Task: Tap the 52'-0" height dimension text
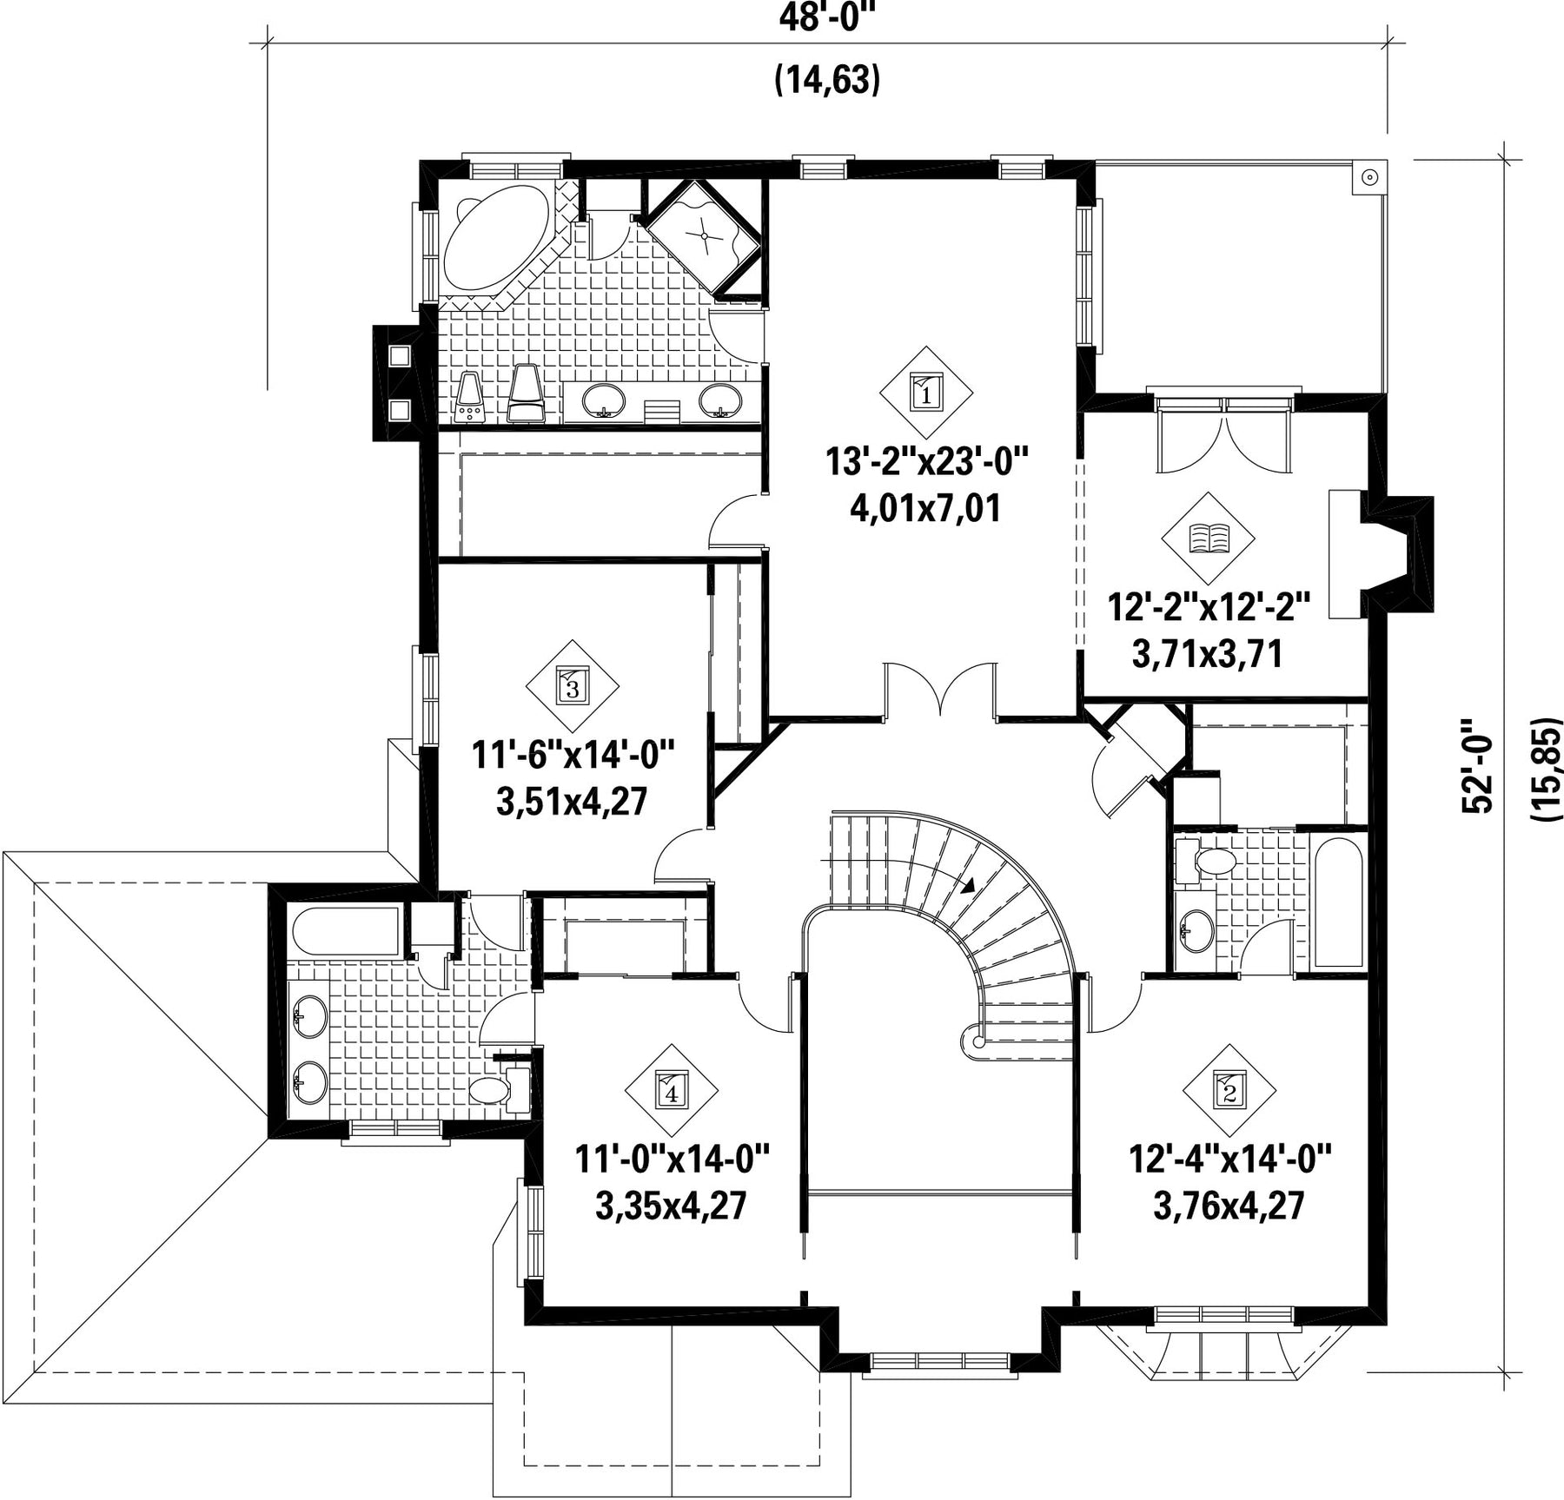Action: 1476,764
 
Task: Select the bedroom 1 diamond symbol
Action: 925,393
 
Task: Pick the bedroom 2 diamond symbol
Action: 1229,1087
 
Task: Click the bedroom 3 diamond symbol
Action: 573,686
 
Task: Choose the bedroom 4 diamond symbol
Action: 672,1089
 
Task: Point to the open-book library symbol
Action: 1209,539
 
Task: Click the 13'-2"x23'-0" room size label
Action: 926,461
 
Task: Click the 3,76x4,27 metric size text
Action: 1229,1206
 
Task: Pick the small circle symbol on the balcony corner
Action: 1369,177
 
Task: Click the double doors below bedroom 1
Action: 940,691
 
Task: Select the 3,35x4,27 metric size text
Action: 672,1206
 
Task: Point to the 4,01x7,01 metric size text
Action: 925,507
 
